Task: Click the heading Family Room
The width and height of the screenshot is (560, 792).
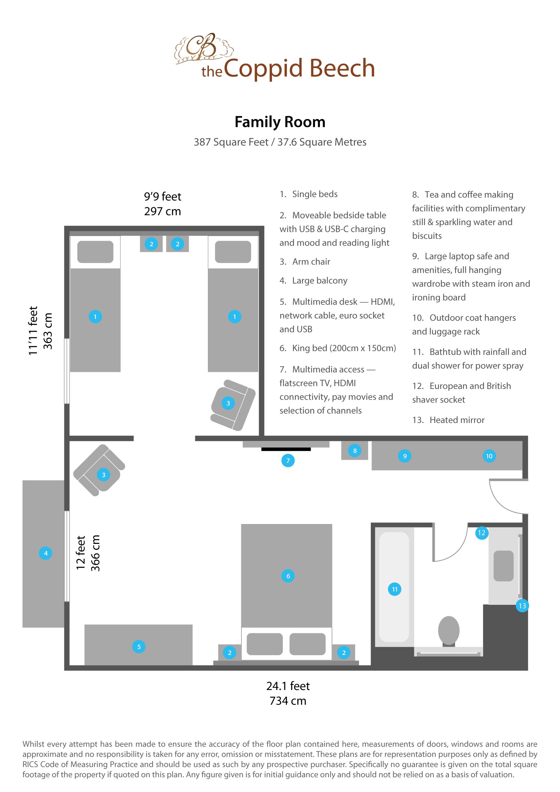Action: click(x=280, y=122)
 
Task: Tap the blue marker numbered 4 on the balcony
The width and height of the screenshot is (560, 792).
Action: click(x=45, y=553)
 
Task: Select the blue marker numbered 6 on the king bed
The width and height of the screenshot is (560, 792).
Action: click(x=288, y=576)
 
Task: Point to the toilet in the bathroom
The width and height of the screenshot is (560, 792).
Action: click(x=449, y=630)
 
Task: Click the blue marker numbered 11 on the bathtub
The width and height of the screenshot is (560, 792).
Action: click(x=395, y=589)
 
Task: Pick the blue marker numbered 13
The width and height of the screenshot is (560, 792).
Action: click(x=522, y=606)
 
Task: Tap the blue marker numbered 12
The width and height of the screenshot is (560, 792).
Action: click(x=482, y=533)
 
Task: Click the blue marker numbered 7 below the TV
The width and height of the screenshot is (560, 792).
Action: click(x=288, y=461)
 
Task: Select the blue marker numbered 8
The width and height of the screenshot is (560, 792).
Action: click(x=355, y=450)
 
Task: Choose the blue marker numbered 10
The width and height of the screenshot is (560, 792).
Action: click(x=489, y=456)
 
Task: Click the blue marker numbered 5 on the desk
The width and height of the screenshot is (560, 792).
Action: click(x=139, y=647)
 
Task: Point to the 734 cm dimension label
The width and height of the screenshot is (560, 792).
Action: click(x=288, y=701)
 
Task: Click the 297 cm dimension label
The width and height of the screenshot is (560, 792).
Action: click(x=162, y=211)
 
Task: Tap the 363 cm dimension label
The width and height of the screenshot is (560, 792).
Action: click(x=47, y=331)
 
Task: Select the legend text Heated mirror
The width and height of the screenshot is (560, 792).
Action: click(x=457, y=420)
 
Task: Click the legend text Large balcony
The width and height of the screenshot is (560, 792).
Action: click(x=320, y=280)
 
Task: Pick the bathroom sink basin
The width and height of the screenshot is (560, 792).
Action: click(x=503, y=566)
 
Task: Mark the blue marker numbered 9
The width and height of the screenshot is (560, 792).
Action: click(x=405, y=456)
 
